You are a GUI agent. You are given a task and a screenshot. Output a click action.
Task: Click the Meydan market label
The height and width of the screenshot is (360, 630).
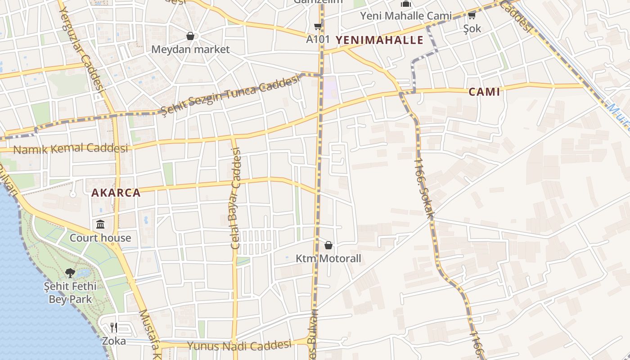[190, 49]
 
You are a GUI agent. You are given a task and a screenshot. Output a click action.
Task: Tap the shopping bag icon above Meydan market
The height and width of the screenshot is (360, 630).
[190, 36]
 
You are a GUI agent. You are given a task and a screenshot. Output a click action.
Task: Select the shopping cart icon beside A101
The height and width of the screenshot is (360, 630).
[318, 26]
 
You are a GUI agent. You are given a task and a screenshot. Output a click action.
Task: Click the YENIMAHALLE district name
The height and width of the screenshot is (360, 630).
[380, 40]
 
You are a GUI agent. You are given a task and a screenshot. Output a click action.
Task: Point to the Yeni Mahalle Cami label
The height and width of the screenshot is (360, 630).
[405, 16]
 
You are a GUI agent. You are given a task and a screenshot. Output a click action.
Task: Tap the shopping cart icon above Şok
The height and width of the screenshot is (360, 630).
[472, 16]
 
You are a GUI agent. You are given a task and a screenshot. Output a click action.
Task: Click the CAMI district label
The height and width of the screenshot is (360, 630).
[484, 92]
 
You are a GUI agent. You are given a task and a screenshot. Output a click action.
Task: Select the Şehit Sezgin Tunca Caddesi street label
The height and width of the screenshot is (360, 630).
[230, 96]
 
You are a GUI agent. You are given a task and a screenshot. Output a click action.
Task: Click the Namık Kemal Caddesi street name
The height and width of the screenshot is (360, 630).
[71, 148]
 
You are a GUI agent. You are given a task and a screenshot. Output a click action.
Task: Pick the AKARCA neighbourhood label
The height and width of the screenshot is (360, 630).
[116, 193]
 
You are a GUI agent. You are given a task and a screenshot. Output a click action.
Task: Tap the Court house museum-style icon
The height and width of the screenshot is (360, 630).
[100, 224]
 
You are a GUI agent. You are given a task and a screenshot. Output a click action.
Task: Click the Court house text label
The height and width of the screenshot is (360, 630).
[100, 238]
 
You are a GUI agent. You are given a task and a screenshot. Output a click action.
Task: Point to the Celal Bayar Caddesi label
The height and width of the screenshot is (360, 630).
[236, 198]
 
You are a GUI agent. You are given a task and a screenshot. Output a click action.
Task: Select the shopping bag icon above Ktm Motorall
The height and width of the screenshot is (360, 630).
[328, 245]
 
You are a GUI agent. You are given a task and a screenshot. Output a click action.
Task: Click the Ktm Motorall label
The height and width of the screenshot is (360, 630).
[328, 259]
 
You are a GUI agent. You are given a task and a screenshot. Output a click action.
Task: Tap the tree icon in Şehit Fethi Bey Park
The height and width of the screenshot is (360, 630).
[70, 272]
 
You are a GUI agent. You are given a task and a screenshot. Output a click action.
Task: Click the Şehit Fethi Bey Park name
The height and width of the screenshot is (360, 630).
[70, 292]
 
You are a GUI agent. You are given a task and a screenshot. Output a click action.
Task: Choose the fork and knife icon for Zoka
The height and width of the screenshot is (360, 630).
[114, 327]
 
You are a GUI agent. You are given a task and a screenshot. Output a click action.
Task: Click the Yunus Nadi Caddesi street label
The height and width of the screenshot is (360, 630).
[239, 346]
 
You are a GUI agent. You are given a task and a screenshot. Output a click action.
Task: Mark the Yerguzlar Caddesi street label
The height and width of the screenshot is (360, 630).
[81, 50]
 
